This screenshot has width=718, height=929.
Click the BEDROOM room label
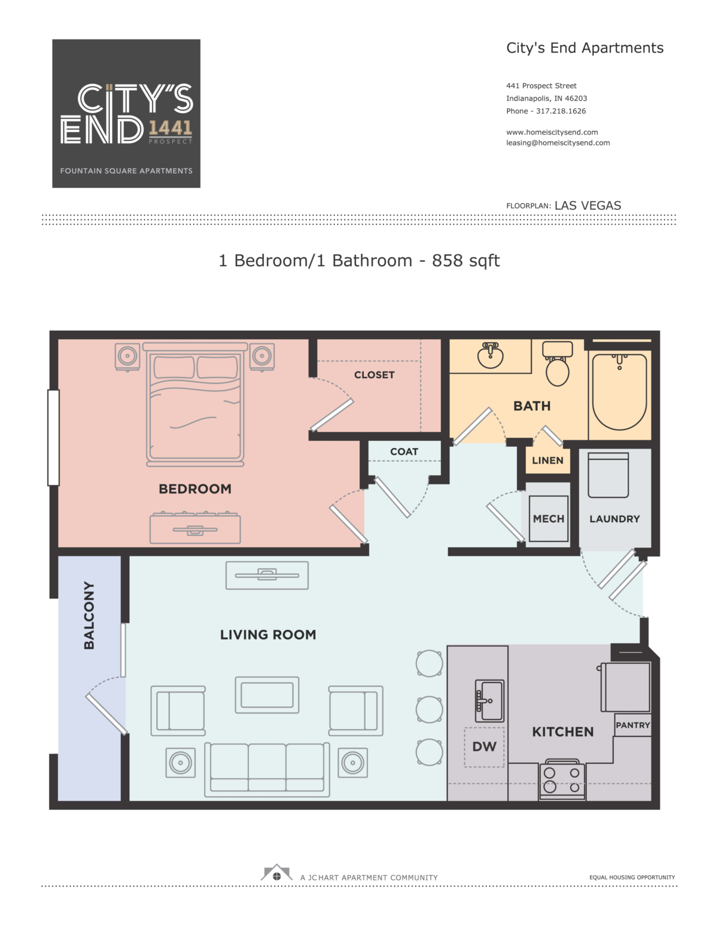[x=195, y=489]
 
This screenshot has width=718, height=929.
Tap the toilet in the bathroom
[x=557, y=364]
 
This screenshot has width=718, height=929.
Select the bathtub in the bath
[x=619, y=392]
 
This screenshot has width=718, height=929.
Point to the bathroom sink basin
[x=490, y=355]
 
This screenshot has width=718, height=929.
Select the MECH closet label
[x=549, y=519]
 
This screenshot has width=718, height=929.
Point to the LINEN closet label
[x=547, y=461]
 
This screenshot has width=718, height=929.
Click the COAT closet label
[x=404, y=452]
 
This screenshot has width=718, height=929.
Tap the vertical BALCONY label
[x=89, y=615]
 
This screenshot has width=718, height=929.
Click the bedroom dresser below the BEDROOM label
[x=195, y=528]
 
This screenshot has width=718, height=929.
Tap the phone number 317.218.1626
[x=561, y=111]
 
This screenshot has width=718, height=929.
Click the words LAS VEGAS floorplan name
[x=588, y=206]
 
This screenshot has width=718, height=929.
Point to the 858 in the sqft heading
[x=448, y=260]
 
